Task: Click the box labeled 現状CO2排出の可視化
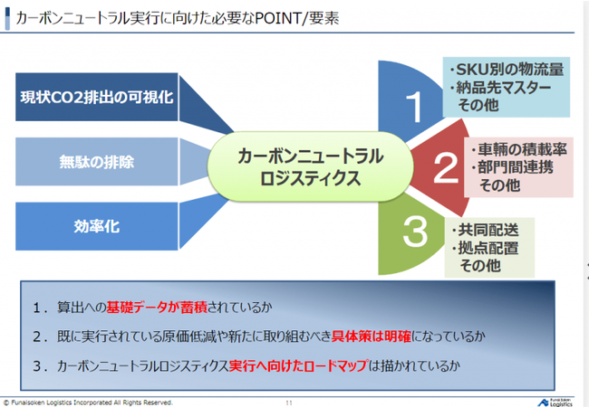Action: [x=97, y=97]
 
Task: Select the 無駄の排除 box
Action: [x=97, y=162]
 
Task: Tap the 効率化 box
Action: [x=97, y=226]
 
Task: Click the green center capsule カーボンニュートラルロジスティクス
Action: [x=310, y=166]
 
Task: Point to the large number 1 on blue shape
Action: [x=414, y=107]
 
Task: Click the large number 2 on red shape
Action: [x=446, y=167]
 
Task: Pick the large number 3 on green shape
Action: [x=415, y=232]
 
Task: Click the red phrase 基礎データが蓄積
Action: [x=157, y=308]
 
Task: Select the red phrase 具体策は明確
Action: [x=372, y=336]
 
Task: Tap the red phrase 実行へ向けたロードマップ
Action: [x=298, y=365]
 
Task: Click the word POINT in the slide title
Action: [x=277, y=18]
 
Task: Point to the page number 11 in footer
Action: [x=289, y=402]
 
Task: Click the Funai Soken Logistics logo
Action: [x=555, y=402]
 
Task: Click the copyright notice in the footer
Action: [x=88, y=402]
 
